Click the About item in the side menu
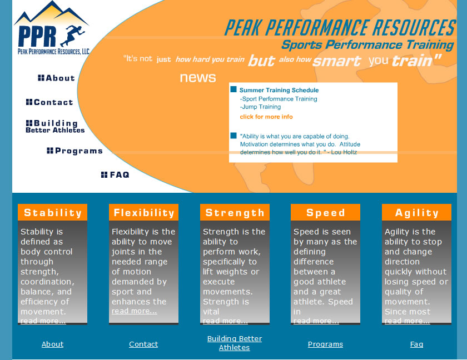(56, 78)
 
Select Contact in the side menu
(49, 102)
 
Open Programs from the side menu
(74, 151)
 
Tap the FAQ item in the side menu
(115, 174)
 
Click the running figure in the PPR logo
(73, 36)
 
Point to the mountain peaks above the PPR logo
(51, 13)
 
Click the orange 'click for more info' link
(266, 117)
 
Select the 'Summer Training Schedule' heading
(279, 90)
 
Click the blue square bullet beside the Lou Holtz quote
(233, 136)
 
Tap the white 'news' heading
(198, 78)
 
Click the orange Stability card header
(52, 212)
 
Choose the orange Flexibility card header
(143, 212)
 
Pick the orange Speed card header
(325, 212)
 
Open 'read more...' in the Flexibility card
(135, 311)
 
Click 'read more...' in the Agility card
(407, 321)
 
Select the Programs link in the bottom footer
(325, 344)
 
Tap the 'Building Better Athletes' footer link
(235, 343)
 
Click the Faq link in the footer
(416, 344)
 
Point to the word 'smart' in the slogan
(337, 61)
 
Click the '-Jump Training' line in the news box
(260, 107)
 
